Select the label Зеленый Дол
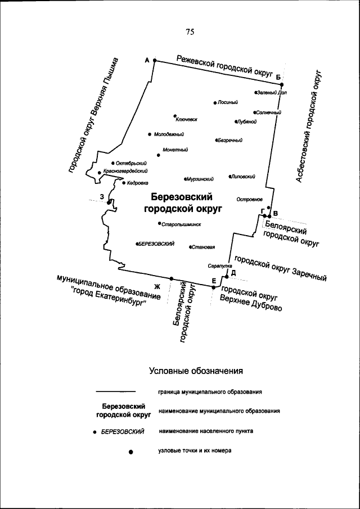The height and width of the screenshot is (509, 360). click(x=272, y=92)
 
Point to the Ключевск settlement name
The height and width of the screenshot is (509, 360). click(x=187, y=119)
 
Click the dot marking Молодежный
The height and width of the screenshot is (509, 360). click(x=149, y=134)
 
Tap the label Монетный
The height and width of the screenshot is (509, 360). click(x=175, y=150)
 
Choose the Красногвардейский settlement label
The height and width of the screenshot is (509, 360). click(x=125, y=171)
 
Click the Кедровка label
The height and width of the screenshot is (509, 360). click(x=137, y=182)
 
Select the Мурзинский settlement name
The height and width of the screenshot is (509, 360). click(x=200, y=179)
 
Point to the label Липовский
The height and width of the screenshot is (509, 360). click(x=243, y=176)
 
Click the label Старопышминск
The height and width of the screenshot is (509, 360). click(x=181, y=224)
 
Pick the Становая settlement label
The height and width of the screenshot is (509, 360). click(x=204, y=246)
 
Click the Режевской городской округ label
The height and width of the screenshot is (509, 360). click(x=224, y=66)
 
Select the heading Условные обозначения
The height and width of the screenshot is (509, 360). click(x=196, y=371)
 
